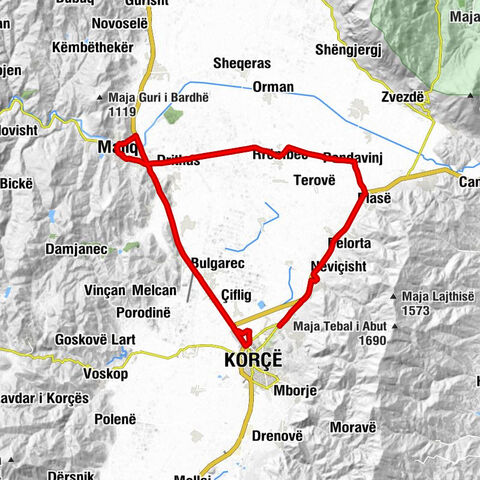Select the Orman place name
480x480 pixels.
(x=273, y=86)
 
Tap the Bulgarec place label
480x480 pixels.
(x=218, y=262)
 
